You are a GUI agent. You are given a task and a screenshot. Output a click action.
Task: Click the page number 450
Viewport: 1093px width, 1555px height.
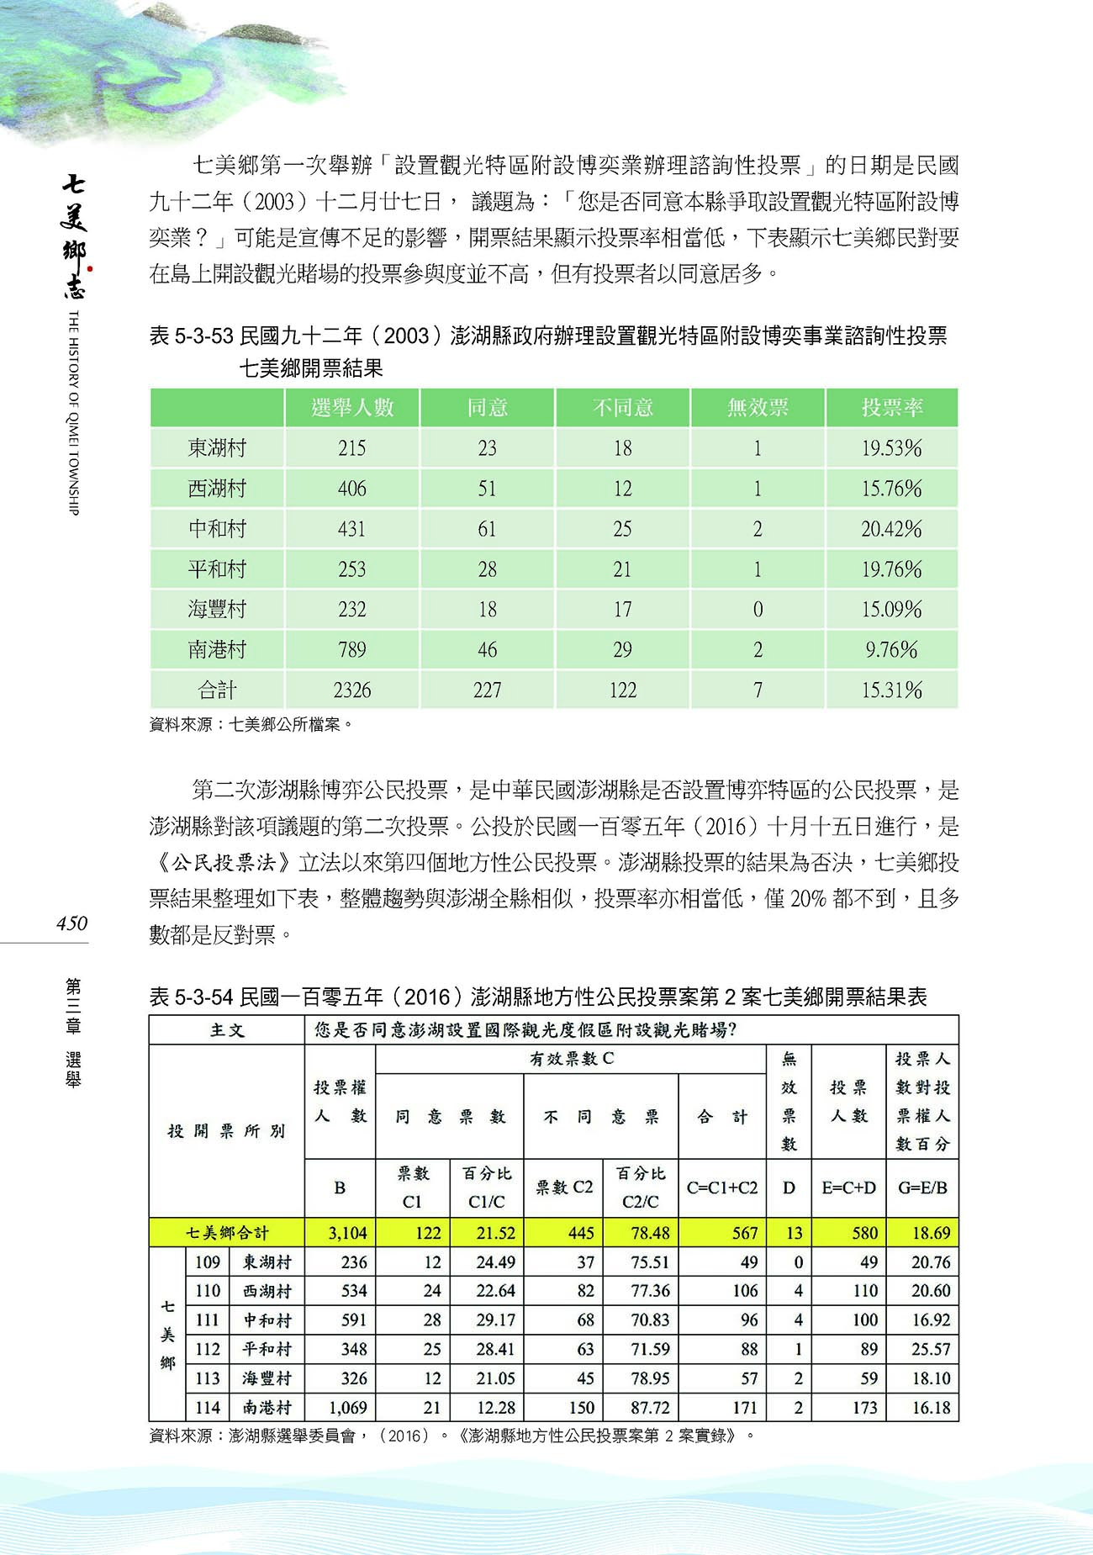71,923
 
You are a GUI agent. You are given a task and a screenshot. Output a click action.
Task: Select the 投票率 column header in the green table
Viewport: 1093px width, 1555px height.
891,408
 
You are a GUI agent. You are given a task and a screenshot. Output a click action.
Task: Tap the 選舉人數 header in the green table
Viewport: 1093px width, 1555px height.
352,408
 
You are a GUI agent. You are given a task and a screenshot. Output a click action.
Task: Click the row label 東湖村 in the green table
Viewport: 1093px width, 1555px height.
217,448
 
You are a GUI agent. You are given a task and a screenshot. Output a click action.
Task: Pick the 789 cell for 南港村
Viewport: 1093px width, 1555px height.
352,650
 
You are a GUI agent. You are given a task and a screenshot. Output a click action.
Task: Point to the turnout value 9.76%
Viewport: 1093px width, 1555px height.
891,650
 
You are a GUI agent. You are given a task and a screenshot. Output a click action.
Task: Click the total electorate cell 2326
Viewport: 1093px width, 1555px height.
352,690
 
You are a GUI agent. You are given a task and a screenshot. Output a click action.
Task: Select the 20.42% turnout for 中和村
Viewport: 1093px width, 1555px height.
891,529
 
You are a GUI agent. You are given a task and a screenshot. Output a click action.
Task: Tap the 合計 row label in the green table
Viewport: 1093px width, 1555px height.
217,690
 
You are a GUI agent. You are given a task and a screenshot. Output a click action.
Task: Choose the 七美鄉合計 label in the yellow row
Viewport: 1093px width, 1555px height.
227,1233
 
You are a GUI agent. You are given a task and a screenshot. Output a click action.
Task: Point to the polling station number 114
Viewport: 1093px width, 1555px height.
207,1407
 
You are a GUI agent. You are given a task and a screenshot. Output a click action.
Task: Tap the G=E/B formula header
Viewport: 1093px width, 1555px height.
922,1187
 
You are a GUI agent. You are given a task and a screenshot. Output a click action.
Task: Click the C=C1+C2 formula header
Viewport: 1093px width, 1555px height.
721,1187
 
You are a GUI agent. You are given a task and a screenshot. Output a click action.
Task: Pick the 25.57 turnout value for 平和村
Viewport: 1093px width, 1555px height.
931,1349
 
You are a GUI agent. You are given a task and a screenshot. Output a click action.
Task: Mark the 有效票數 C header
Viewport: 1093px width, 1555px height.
571,1059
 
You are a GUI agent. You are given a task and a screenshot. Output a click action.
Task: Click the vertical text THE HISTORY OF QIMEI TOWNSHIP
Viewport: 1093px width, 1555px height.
73,412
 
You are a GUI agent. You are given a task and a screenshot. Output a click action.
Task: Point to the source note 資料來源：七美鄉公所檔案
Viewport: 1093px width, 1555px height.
251,724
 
